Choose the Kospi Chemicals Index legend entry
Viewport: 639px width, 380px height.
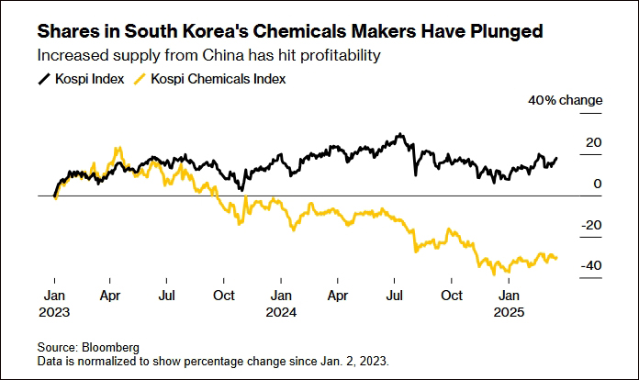pos(217,79)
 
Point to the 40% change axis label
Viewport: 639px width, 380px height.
pos(565,100)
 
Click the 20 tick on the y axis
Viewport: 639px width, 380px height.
pos(593,142)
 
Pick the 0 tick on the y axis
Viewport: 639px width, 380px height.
pos(598,184)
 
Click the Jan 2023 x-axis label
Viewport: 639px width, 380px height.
pos(54,303)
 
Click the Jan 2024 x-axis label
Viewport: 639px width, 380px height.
pos(282,303)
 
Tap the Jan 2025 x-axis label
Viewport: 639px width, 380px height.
pos(509,303)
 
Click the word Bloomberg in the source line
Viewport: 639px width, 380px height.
pos(114,348)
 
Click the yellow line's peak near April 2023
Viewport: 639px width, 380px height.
pos(117,148)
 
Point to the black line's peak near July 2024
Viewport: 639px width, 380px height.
pos(399,135)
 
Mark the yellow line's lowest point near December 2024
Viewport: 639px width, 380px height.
pos(494,274)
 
